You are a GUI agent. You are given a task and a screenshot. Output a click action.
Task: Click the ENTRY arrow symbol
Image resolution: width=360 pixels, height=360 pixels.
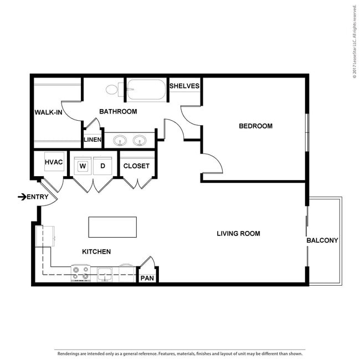click(x=22, y=197)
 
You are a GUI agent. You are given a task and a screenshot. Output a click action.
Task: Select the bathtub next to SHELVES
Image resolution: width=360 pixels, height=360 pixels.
click(x=146, y=90)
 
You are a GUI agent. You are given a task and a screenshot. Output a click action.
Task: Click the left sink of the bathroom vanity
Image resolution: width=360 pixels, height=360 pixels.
click(x=120, y=140)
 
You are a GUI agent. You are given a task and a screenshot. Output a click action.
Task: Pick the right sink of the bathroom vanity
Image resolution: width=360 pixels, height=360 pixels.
click(x=140, y=140)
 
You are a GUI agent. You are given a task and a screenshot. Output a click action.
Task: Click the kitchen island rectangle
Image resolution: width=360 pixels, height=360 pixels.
click(x=112, y=227)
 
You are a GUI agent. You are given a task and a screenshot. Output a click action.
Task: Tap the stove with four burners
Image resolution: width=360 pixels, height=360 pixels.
click(x=81, y=273)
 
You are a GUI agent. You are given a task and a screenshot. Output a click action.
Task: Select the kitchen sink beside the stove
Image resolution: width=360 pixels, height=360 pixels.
click(x=105, y=274)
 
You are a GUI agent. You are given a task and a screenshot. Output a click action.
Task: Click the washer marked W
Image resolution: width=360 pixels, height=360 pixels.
click(x=83, y=166)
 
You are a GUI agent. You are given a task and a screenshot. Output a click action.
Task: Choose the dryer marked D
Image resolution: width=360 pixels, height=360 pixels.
click(x=102, y=166)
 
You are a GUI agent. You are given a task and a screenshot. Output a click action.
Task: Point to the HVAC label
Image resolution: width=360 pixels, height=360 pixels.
click(x=54, y=162)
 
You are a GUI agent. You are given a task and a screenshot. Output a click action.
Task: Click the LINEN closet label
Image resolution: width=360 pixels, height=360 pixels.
click(x=92, y=140)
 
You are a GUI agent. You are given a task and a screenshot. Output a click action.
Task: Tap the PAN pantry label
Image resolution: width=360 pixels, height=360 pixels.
click(x=147, y=278)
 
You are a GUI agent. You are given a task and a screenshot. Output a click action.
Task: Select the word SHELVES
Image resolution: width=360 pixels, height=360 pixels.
click(x=184, y=86)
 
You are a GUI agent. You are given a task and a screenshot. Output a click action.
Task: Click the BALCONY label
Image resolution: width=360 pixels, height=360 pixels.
click(x=322, y=240)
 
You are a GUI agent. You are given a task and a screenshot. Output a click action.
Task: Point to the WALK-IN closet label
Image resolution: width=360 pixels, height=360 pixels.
click(x=48, y=112)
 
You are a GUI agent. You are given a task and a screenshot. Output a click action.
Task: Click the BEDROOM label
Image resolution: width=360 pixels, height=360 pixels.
click(x=256, y=126)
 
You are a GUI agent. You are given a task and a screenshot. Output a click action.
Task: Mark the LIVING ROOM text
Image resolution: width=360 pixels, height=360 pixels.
click(x=239, y=234)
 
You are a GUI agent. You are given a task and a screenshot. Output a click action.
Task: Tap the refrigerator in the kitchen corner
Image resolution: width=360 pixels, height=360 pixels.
click(x=45, y=236)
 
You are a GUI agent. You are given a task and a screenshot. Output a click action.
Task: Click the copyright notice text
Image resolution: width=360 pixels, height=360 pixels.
click(x=355, y=42)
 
